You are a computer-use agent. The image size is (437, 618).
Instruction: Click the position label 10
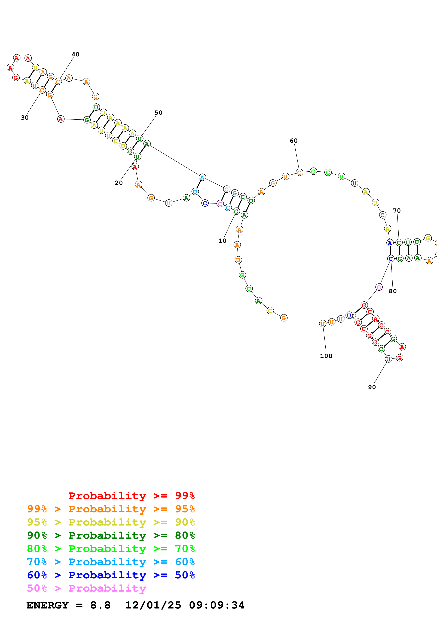(x=222, y=241)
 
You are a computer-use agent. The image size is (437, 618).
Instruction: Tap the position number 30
(x=25, y=118)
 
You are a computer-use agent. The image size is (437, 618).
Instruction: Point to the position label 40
(x=75, y=54)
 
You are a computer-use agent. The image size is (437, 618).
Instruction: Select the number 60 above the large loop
(x=294, y=141)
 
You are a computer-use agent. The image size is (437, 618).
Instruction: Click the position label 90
(x=372, y=387)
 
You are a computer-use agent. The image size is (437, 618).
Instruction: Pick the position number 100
(x=326, y=356)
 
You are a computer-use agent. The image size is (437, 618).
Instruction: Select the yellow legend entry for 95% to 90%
(x=111, y=522)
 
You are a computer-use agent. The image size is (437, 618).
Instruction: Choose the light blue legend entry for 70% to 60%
(x=111, y=562)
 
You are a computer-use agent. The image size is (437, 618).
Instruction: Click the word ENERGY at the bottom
(x=47, y=605)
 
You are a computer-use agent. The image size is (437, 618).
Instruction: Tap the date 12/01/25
(x=153, y=605)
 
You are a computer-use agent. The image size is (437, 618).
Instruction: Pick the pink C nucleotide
(x=220, y=204)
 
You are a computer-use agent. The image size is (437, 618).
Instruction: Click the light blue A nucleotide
(x=202, y=177)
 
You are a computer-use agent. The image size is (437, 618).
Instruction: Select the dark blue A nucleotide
(x=390, y=243)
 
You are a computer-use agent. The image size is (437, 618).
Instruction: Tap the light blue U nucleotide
(x=195, y=192)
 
